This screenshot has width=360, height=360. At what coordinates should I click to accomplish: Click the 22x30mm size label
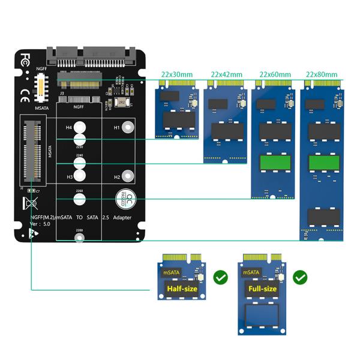[x=176, y=74]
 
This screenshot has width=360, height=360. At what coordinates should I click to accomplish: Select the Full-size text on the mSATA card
[x=262, y=289]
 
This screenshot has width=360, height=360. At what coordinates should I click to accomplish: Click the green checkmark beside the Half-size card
[x=220, y=278]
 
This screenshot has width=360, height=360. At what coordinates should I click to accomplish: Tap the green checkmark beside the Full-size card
[x=300, y=278]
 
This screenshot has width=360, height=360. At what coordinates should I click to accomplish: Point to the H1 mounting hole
[x=127, y=128]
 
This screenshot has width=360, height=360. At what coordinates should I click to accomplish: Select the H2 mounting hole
[x=127, y=176]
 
